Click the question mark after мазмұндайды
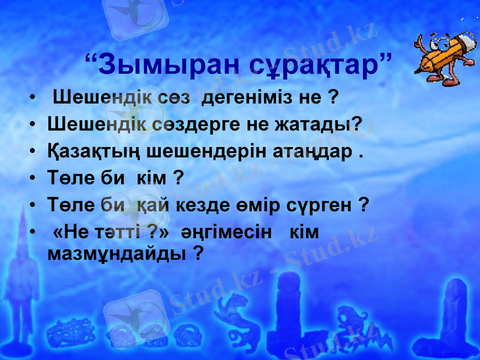[x=197, y=254]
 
